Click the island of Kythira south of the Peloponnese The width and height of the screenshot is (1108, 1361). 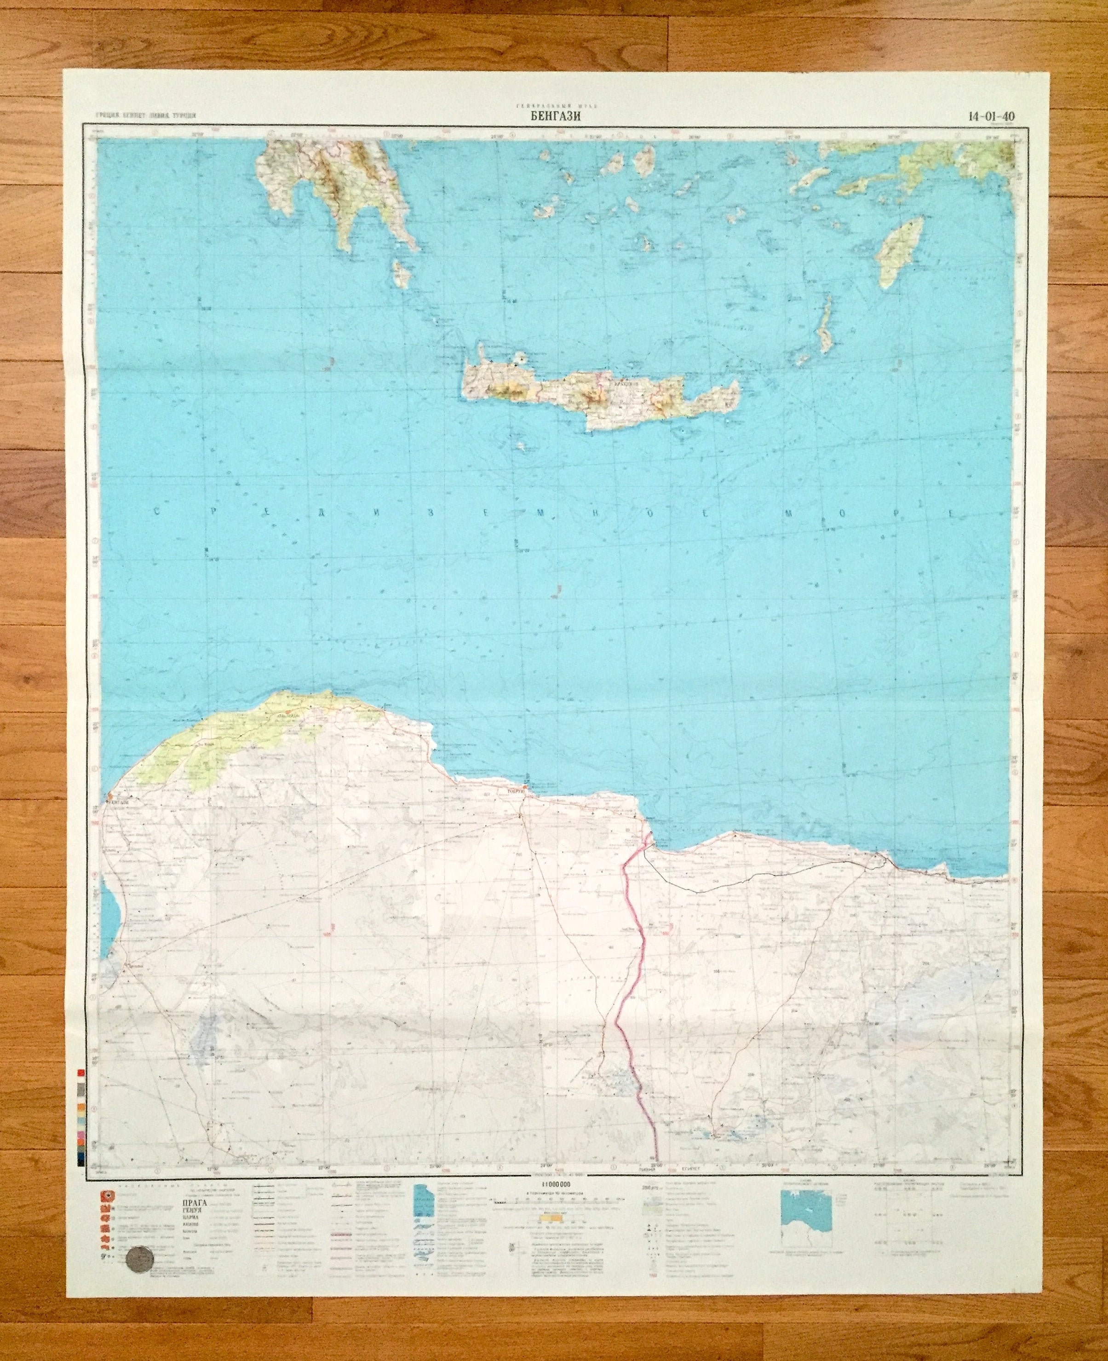[x=402, y=273]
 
